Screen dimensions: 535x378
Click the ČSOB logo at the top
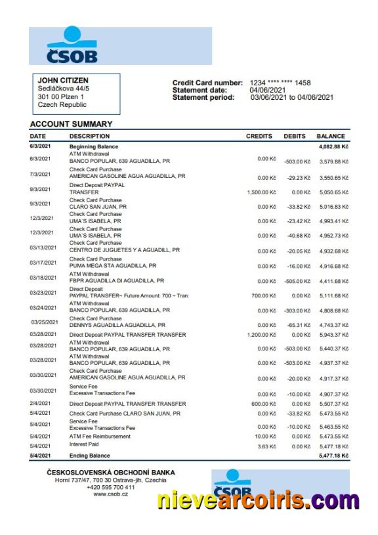(72, 45)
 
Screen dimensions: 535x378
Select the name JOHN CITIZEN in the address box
(63, 81)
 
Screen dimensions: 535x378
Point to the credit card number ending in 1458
(280, 83)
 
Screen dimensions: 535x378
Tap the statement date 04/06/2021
(267, 90)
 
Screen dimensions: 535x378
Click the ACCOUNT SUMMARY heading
(71, 124)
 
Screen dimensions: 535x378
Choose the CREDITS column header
(259, 137)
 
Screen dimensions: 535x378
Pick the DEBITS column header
(295, 137)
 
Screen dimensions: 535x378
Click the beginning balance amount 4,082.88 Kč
(333, 147)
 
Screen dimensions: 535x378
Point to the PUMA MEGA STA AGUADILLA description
(112, 266)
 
